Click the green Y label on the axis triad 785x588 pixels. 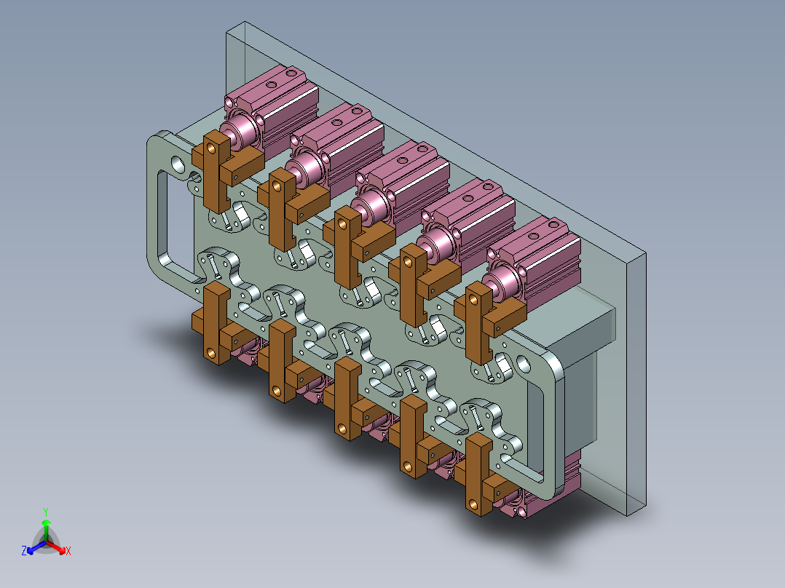[x=46, y=512]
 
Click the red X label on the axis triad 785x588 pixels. [x=68, y=551]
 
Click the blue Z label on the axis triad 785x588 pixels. [x=24, y=550]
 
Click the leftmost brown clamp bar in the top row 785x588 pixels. [x=217, y=170]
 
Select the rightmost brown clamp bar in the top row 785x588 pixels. [x=479, y=322]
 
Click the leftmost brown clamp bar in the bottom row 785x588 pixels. [x=217, y=323]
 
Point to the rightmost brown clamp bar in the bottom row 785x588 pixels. [x=479, y=474]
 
